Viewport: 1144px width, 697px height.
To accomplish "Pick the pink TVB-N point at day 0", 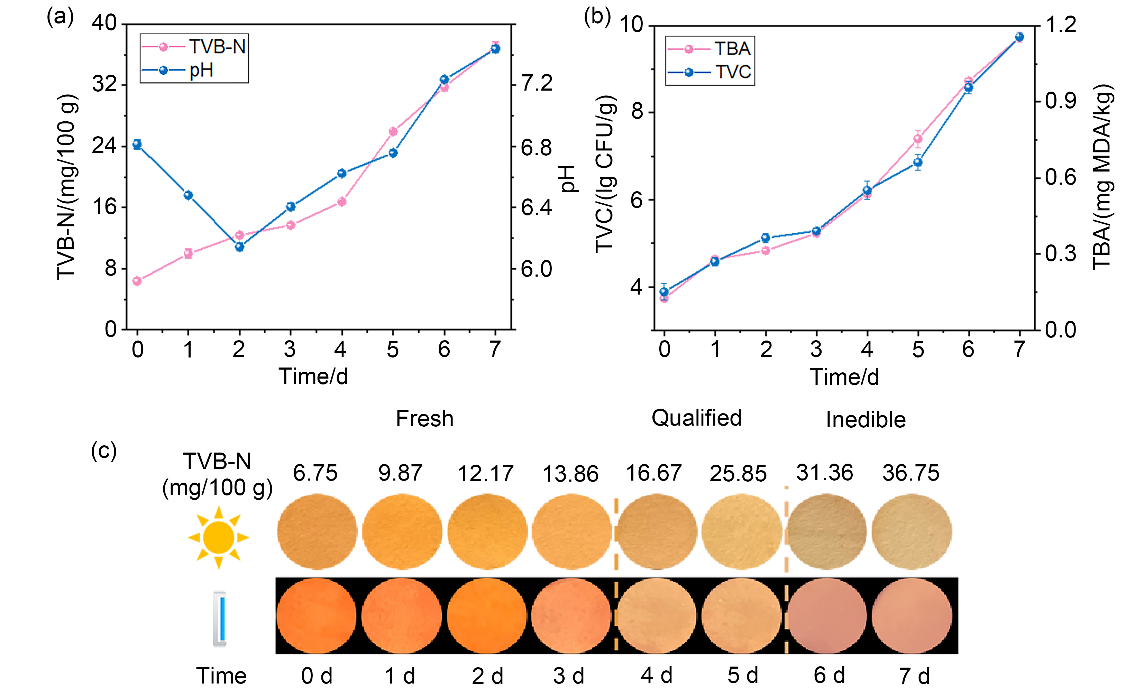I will click(137, 281).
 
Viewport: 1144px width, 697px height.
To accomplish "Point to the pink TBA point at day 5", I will click(918, 138).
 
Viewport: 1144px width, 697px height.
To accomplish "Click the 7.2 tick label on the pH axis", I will click(537, 84).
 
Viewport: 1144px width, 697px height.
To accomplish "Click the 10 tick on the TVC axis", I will click(631, 24).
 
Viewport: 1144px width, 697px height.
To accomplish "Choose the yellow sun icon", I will click(218, 537).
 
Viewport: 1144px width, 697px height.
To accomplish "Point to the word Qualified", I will click(696, 418).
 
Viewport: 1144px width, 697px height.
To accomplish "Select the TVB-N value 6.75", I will click(315, 473).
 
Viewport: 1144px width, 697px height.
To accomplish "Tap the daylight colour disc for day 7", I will click(912, 532).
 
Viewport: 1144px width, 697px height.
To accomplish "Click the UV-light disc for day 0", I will click(316, 616).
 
